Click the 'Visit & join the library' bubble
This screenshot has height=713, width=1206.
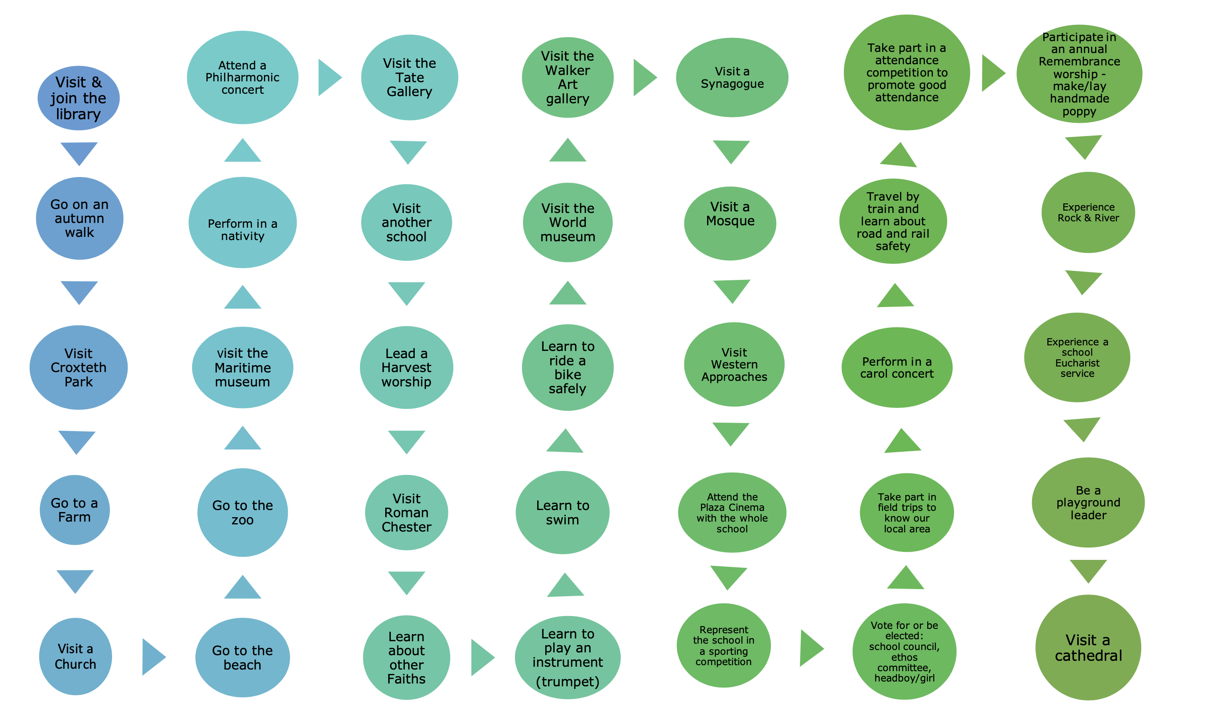pos(78,98)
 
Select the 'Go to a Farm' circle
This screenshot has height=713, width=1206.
pos(75,510)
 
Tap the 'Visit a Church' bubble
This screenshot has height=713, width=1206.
pos(75,656)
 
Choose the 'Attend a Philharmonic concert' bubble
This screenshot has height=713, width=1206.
pos(242,77)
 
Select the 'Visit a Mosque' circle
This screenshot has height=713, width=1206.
pos(730,223)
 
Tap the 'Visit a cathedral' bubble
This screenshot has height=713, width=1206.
pos(1088,647)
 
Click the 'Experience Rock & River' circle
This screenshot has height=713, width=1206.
pos(1088,213)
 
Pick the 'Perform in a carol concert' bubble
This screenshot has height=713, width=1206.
pos(897,368)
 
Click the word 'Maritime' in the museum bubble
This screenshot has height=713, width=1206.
pos(242,368)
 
